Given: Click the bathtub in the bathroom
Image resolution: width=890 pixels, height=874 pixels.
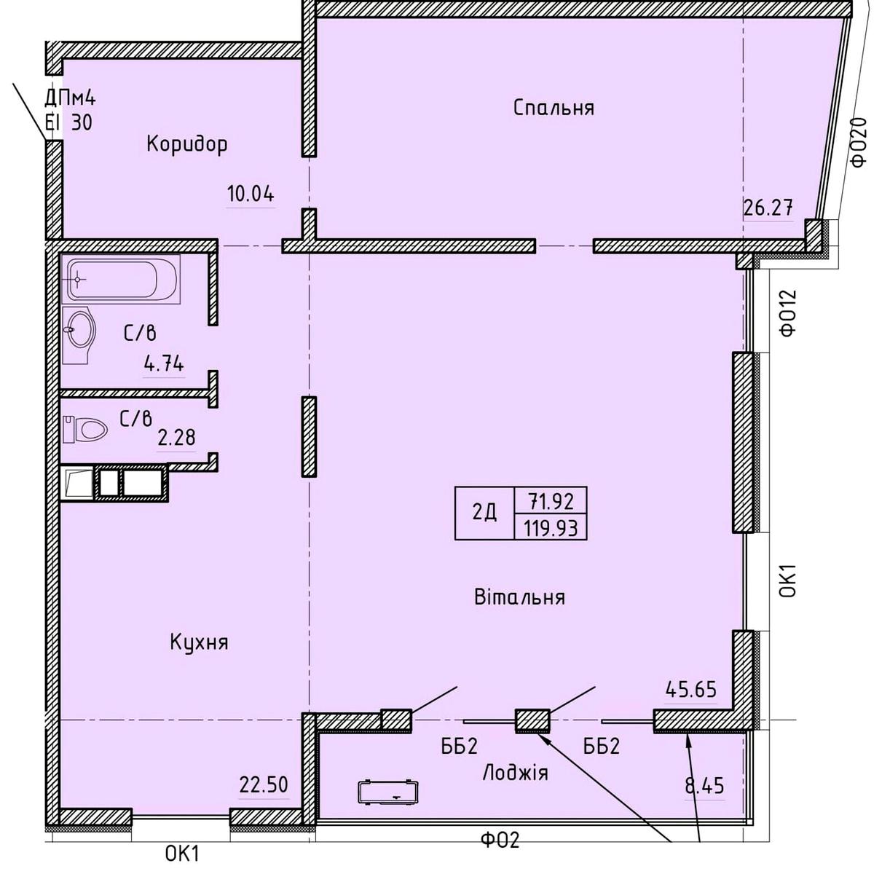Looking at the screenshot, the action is [x=122, y=280].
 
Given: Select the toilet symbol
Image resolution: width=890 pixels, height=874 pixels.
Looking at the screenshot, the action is [x=85, y=429].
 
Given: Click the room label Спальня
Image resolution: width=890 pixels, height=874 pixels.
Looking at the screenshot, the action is [x=554, y=108].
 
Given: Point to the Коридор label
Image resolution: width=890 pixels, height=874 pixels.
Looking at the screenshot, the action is [x=187, y=145].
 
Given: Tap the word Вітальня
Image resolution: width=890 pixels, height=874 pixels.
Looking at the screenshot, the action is [x=519, y=597].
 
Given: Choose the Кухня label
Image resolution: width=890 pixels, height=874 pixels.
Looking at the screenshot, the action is [x=199, y=642].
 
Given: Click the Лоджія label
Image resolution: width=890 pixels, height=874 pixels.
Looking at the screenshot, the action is [x=515, y=772].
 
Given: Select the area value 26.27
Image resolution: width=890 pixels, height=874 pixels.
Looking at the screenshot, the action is [x=768, y=208].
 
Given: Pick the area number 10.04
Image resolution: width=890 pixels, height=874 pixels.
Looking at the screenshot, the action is [x=251, y=194].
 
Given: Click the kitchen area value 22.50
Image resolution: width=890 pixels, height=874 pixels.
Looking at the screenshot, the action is [x=264, y=784].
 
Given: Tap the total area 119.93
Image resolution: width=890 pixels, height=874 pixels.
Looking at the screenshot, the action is [x=551, y=528].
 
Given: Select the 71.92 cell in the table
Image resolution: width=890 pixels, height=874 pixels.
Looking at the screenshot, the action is [x=551, y=502].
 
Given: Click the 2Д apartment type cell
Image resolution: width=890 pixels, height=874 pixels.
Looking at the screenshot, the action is [x=484, y=513].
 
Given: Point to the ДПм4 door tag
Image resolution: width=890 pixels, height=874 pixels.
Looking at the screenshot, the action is [x=70, y=98].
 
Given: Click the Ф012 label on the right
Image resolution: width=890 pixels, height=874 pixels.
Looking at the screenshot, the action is [x=788, y=312].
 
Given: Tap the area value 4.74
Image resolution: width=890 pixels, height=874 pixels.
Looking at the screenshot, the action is [x=164, y=364].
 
